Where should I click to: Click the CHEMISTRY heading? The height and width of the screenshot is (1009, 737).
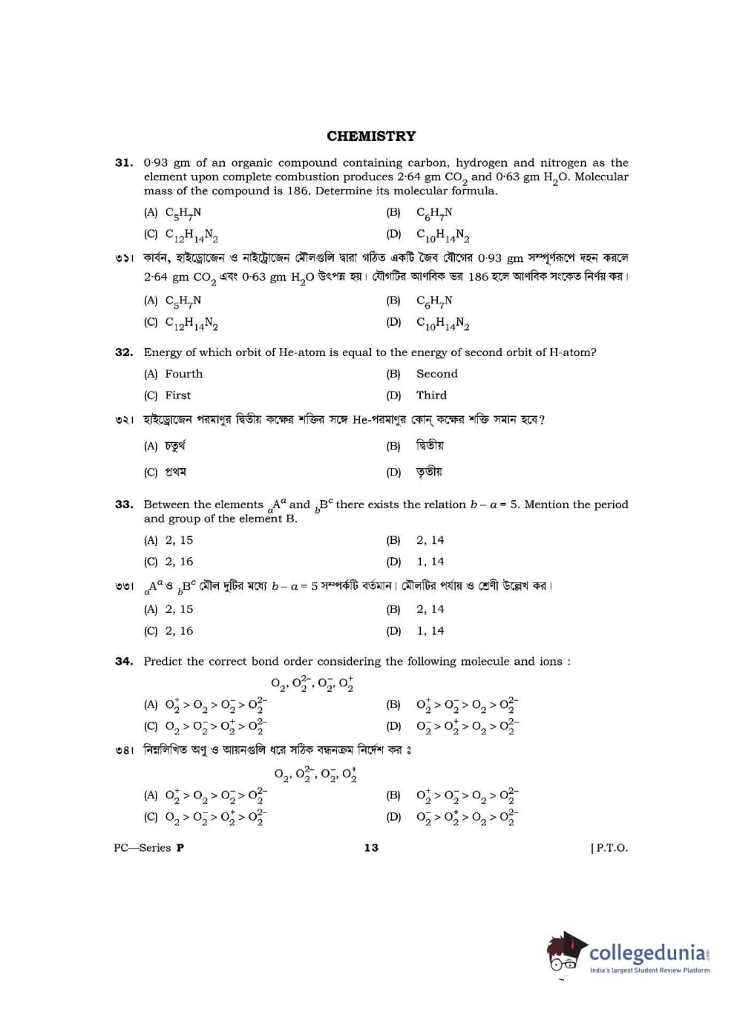coord(371,136)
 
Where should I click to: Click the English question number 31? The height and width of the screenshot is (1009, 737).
coord(123,162)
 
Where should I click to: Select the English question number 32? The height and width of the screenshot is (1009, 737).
coord(123,352)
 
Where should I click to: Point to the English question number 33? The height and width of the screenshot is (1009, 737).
coord(123,504)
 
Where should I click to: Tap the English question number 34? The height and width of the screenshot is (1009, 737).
coord(123,661)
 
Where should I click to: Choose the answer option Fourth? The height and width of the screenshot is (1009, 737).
coord(183,374)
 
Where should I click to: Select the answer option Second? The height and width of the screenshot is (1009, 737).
coord(436,374)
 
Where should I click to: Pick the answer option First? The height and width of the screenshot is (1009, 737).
coord(177,395)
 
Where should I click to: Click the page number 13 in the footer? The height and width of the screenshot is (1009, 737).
coord(371,848)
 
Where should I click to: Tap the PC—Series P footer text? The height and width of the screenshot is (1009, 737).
coord(148,848)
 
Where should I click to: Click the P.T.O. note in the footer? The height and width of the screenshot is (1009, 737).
coord(609,848)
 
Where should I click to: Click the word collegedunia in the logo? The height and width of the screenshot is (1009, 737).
coord(647,952)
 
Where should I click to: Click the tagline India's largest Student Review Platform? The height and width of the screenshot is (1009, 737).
coord(649,970)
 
